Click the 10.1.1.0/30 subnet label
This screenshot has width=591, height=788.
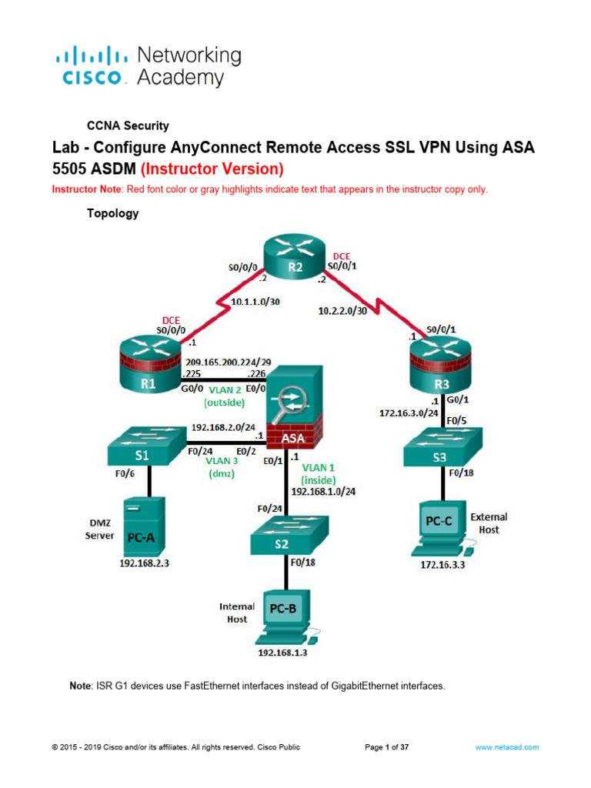pos(255,302)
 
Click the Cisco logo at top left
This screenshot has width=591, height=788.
pos(92,67)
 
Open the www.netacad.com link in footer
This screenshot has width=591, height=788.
pos(506,747)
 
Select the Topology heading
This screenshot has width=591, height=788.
pos(112,214)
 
